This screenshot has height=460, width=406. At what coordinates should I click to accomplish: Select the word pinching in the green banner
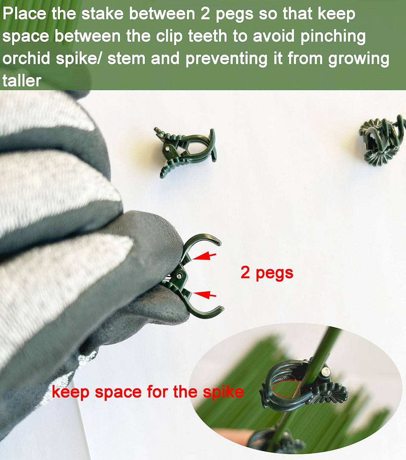[333, 36]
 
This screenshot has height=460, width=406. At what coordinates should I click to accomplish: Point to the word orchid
[26, 58]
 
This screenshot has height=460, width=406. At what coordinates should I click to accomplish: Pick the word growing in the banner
[359, 59]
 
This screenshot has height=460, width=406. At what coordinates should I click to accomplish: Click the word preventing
[226, 59]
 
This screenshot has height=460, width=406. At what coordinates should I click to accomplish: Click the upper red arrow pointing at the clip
[204, 256]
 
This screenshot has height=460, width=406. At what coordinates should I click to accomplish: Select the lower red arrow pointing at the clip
[205, 294]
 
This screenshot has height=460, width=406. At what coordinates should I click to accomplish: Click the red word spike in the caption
[223, 392]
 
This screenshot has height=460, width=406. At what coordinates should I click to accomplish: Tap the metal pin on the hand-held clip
[179, 276]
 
